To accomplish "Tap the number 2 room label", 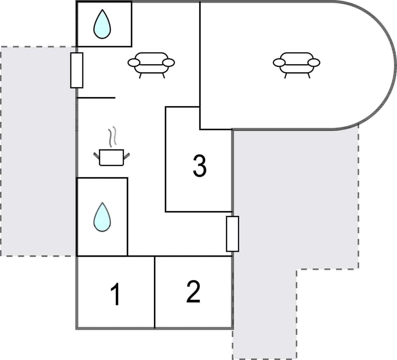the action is click(x=193, y=292).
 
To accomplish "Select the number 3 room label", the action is click(x=199, y=166).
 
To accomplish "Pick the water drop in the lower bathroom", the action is click(x=102, y=217).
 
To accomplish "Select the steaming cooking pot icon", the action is click(x=111, y=157).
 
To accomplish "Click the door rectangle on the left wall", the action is click(x=77, y=70).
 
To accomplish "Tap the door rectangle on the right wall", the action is click(x=232, y=234).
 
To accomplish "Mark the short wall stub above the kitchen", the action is click(x=96, y=98).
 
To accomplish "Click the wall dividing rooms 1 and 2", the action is click(x=155, y=292).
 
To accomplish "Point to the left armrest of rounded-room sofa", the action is click(x=279, y=62).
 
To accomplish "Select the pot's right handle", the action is click(x=127, y=155).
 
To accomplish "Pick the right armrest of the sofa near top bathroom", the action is click(x=169, y=62).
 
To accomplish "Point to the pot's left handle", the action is click(x=96, y=155).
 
